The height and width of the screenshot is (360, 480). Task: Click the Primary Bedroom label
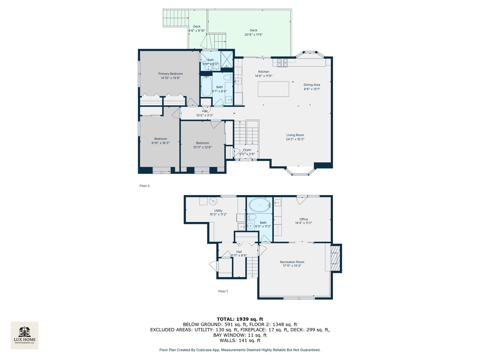point(170,74)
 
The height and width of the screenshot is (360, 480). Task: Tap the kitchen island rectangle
point(273,89)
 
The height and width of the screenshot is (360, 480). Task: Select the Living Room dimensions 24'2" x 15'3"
point(295,139)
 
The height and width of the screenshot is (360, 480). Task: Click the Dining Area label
point(312,85)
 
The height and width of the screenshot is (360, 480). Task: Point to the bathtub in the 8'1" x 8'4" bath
point(206,86)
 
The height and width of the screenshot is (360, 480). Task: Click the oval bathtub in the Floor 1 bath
point(259,205)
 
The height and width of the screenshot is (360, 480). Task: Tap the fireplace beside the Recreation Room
point(335,258)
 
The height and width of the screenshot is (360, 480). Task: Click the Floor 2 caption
point(144,186)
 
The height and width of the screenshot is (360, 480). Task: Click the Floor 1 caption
point(223,291)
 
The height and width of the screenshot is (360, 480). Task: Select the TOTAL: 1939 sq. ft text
point(240,319)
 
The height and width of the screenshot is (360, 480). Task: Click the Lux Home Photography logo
point(25,335)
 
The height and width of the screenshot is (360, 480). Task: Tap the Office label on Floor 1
point(303,219)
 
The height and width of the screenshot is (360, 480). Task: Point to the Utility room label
point(218,211)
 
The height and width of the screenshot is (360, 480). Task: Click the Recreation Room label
point(292,262)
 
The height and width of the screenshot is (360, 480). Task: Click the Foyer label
point(247,150)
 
